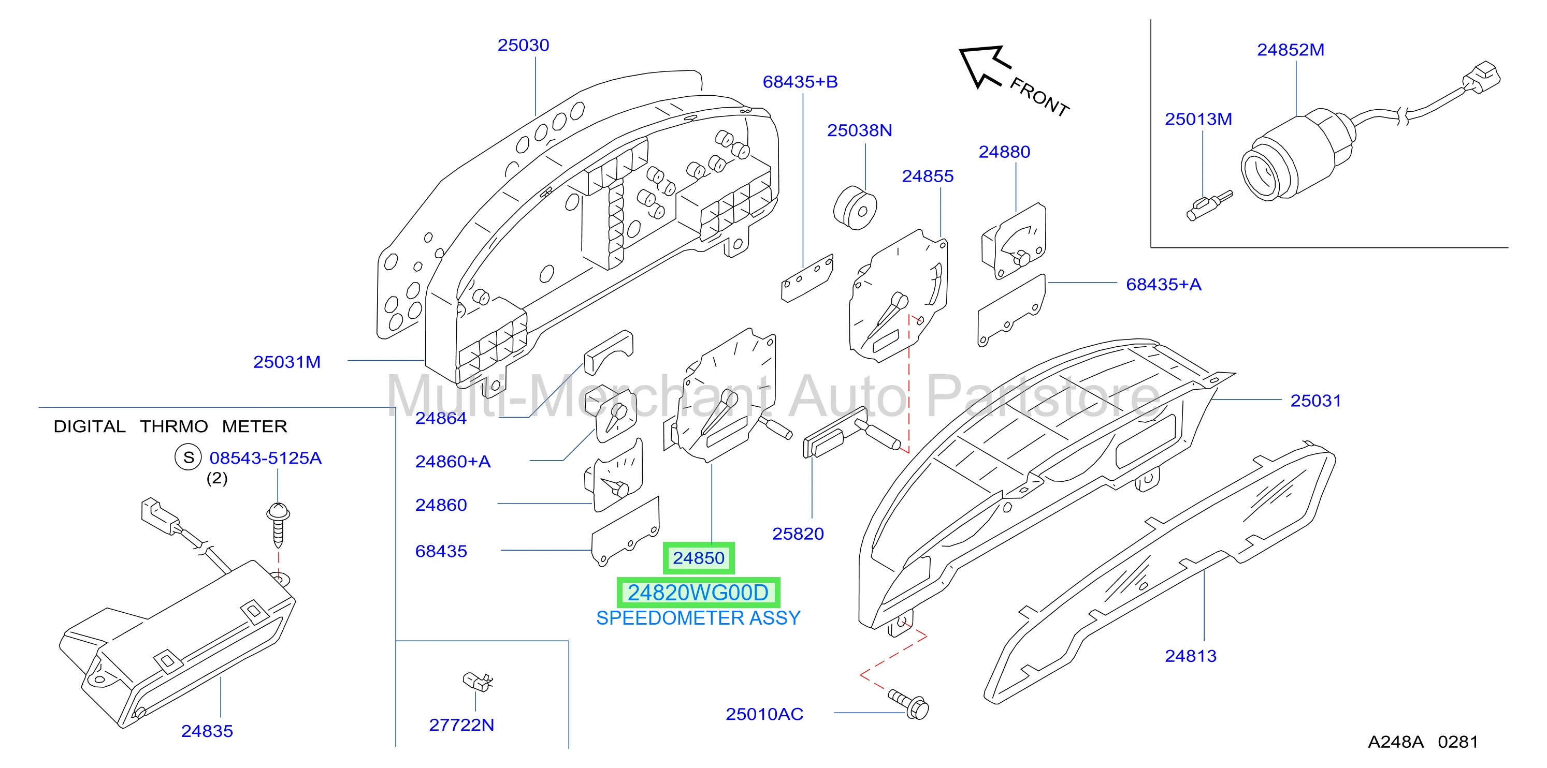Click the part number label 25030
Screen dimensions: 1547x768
click(x=523, y=45)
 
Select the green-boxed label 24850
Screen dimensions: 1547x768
click(x=699, y=558)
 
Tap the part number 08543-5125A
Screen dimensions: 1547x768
click(x=266, y=458)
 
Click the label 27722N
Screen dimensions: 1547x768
click(x=461, y=725)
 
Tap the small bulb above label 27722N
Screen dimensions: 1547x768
click(x=478, y=682)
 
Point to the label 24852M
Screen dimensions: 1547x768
click(x=1291, y=50)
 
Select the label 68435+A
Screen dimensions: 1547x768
click(x=1163, y=285)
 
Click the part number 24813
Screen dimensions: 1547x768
click(x=1190, y=656)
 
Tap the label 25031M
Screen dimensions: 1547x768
click(x=286, y=362)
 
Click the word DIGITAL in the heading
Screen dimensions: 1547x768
click(x=90, y=426)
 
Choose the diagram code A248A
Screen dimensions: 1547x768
click(x=1396, y=742)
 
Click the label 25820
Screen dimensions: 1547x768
click(x=798, y=534)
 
